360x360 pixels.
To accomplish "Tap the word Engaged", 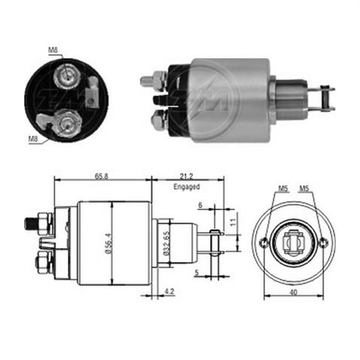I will pos(187,185).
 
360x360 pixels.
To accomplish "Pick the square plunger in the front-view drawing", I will pos(294,243).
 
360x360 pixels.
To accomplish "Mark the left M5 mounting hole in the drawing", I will pos(264,243).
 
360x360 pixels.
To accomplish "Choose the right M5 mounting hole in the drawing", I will pos(323,243).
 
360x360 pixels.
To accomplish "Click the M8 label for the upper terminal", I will pos(53,50).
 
